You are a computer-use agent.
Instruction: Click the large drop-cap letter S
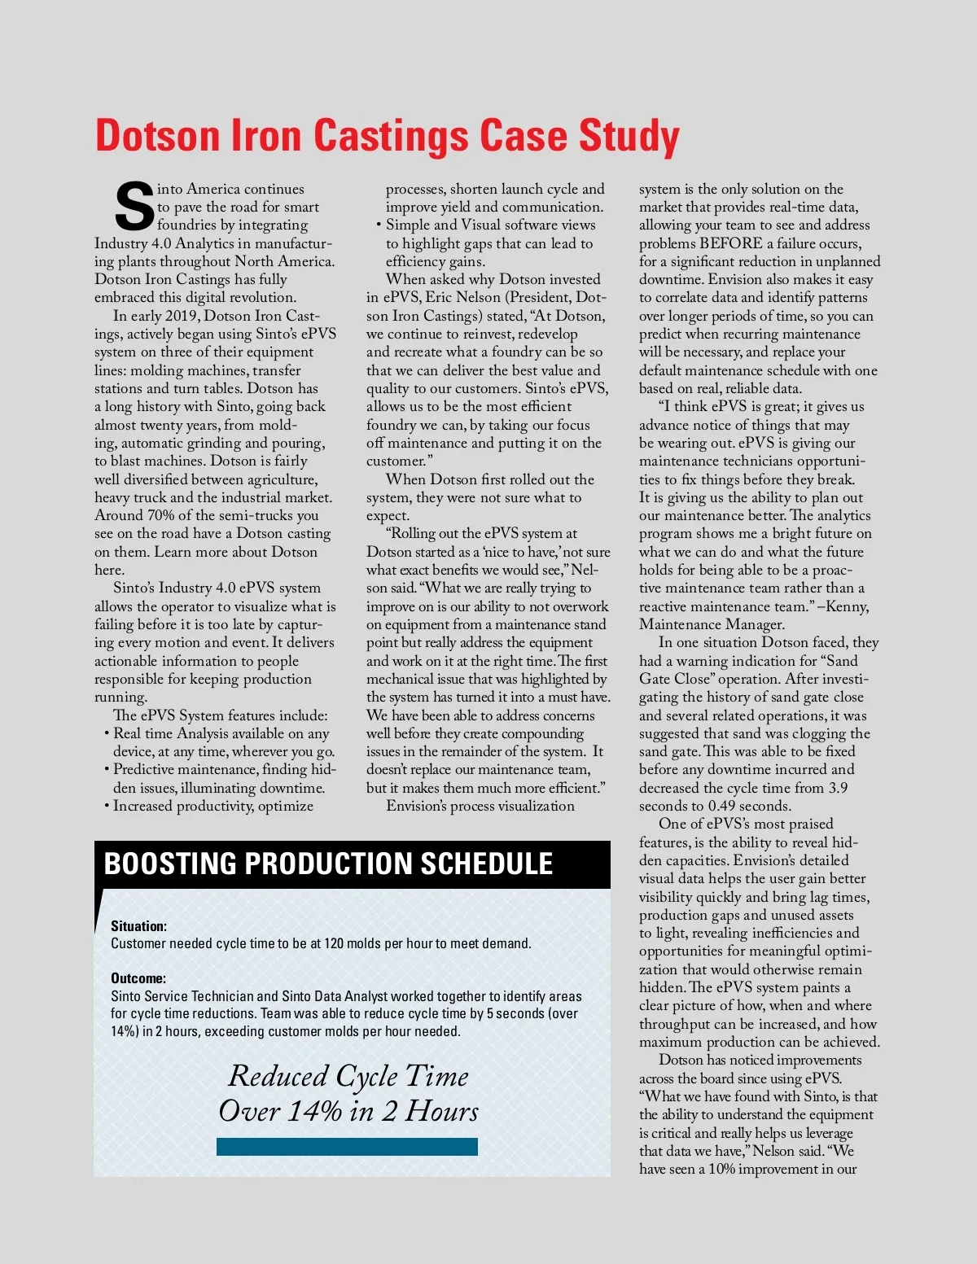(x=134, y=207)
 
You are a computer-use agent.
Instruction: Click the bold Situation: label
(x=138, y=926)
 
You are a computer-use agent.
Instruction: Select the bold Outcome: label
(x=138, y=978)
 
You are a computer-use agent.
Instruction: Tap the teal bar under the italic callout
(x=347, y=1147)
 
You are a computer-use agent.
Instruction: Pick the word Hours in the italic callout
(x=442, y=1111)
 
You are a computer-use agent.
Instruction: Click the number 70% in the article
(x=160, y=515)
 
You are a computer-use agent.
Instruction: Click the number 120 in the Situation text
(x=334, y=943)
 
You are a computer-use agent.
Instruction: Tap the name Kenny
(x=848, y=606)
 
